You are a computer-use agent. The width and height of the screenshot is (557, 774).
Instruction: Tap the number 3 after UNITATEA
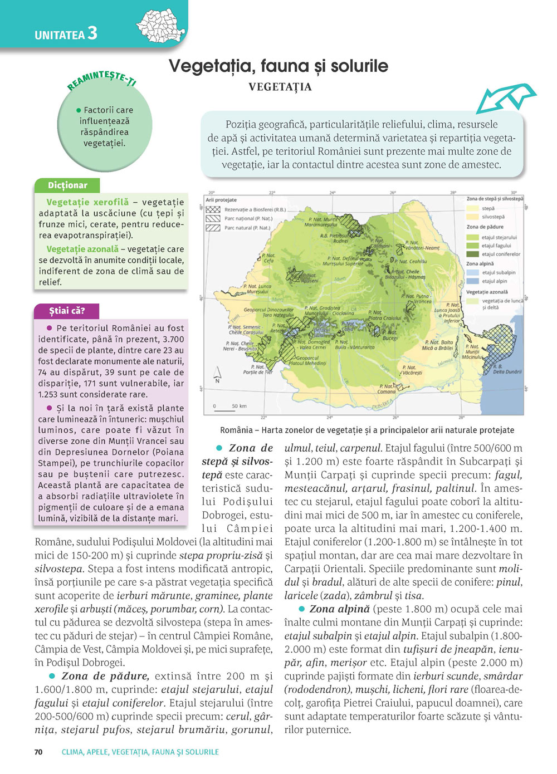pyautogui.click(x=92, y=33)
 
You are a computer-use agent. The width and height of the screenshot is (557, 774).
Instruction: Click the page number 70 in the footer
pyautogui.click(x=38, y=752)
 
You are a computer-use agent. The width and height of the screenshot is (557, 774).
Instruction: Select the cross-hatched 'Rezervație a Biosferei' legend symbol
pyautogui.click(x=213, y=210)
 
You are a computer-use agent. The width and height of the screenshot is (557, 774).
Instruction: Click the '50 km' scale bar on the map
pyautogui.click(x=225, y=410)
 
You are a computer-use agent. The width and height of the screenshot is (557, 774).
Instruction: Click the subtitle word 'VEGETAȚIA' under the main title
pyautogui.click(x=280, y=87)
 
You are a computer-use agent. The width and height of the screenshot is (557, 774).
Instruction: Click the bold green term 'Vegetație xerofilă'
pyautogui.click(x=87, y=202)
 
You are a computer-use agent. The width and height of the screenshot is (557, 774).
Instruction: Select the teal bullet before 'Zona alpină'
pyautogui.click(x=301, y=609)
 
